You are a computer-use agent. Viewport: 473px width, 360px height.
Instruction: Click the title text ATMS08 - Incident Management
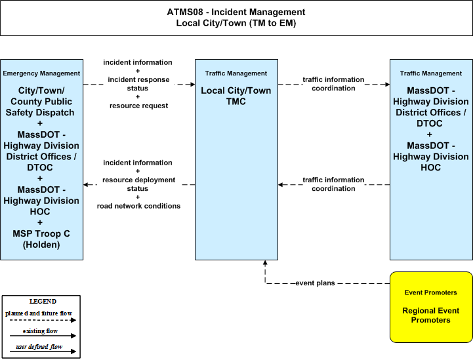click(236, 12)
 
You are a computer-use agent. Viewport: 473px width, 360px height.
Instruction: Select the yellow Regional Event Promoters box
click(431, 308)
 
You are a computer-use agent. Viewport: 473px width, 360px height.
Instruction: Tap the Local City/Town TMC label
click(236, 96)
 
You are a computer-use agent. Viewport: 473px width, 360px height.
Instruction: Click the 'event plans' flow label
click(315, 283)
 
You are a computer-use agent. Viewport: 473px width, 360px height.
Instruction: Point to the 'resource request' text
click(139, 106)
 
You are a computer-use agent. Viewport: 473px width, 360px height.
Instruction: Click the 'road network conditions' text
click(138, 206)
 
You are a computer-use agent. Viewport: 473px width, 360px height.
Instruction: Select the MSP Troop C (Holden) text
click(41, 239)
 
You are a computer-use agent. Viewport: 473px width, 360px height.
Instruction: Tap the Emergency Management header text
click(41, 73)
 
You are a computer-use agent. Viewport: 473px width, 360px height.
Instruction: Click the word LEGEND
click(43, 302)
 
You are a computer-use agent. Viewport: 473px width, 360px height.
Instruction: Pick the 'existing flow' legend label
click(40, 331)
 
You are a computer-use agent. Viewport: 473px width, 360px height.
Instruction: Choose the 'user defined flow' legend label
click(39, 347)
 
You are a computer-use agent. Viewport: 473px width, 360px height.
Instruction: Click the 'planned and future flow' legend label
click(39, 313)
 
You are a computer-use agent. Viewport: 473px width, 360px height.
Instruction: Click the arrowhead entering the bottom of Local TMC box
click(265, 262)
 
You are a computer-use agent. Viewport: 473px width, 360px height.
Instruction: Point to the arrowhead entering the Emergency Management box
click(86, 184)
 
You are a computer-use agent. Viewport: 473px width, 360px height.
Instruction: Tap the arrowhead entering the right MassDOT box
click(387, 85)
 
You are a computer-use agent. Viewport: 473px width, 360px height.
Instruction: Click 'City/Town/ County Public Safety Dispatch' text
click(41, 101)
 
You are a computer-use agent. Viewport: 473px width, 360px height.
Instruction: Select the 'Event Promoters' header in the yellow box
click(431, 292)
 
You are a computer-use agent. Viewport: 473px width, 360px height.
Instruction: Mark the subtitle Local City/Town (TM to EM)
click(236, 23)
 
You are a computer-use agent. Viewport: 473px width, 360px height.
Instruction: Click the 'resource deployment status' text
click(138, 184)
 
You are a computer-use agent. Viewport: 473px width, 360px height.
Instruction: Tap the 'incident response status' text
click(138, 84)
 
